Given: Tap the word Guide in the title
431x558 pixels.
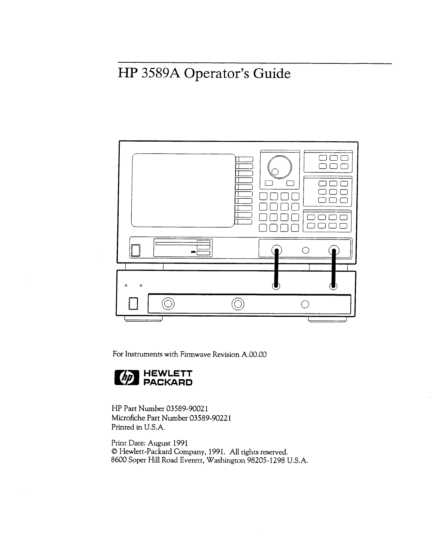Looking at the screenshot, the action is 273,74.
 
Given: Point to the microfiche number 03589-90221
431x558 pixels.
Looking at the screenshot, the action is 210,418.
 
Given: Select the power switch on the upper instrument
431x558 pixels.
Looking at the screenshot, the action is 136,250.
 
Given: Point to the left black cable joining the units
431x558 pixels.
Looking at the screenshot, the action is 276,268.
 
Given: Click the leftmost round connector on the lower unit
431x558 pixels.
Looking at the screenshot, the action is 168,304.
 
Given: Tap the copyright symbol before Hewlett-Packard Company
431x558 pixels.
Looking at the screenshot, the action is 114,452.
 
